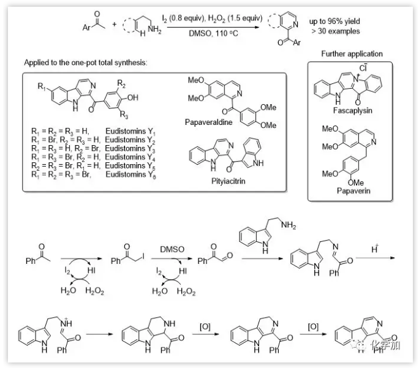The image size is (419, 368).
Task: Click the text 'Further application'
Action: point(352,54)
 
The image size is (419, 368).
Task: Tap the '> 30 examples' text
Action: point(335,31)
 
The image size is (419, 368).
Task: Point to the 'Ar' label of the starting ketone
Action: point(86,27)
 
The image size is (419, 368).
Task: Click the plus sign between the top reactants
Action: point(114,26)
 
